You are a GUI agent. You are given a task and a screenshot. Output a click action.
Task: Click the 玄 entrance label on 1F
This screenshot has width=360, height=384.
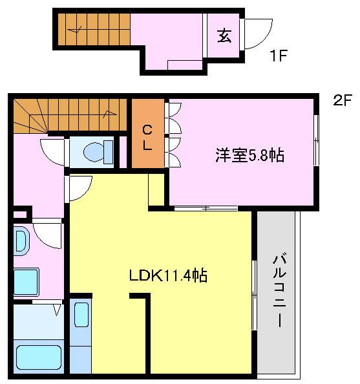click(224, 36)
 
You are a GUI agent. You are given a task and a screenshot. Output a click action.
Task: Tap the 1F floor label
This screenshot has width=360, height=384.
click(278, 56)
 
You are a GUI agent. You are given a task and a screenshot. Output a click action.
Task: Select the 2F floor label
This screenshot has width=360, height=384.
click(343, 100)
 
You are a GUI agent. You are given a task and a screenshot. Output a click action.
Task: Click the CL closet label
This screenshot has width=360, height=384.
click(147, 137)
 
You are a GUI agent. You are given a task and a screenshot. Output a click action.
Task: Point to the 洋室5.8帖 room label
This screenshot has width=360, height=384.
click(249, 155)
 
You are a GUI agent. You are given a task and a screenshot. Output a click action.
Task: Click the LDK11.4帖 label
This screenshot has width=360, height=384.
click(168, 275)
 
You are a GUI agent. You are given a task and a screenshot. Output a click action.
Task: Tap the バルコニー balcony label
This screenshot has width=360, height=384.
click(280, 291)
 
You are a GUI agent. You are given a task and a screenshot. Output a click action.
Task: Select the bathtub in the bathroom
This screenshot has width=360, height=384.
click(39, 357)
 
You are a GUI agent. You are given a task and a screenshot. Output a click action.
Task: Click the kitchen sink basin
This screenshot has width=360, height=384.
click(81, 315)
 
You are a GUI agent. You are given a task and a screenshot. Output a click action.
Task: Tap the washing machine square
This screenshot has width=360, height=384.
click(26, 282)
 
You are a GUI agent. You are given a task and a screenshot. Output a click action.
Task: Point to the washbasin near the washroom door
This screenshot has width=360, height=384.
click(21, 241)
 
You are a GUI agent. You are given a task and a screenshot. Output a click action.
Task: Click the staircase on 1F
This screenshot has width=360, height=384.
click(94, 29)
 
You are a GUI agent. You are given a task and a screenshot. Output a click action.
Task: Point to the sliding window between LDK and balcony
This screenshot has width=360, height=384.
click(255, 295)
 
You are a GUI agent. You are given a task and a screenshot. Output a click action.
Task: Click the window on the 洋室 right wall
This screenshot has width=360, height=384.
click(317, 140)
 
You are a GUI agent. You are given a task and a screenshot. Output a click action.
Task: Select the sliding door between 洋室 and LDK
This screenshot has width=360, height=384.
click(206, 208)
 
